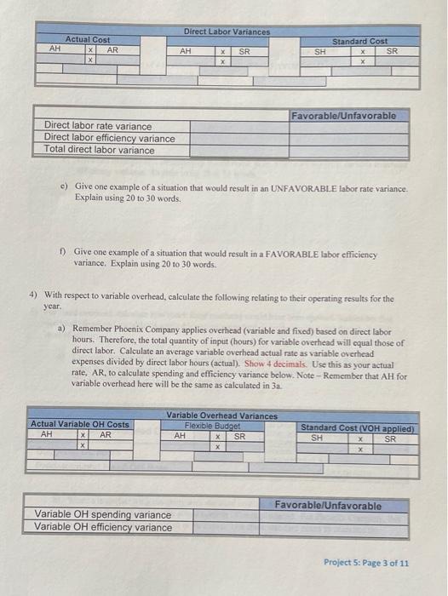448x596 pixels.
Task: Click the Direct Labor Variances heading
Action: pyautogui.click(x=227, y=32)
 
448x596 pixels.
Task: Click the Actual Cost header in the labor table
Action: pyautogui.click(x=88, y=39)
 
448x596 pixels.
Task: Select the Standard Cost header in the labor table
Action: pyautogui.click(x=359, y=40)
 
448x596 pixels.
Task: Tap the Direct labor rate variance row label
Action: pyautogui.click(x=98, y=126)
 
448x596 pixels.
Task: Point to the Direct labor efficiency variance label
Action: pyautogui.click(x=109, y=138)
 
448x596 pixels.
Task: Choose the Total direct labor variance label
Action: pyautogui.click(x=100, y=150)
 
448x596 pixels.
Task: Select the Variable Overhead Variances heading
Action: pyautogui.click(x=221, y=415)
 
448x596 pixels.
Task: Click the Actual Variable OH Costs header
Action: pyautogui.click(x=79, y=424)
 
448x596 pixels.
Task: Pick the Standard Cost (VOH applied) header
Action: pyautogui.click(x=358, y=428)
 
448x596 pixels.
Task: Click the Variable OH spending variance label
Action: pyautogui.click(x=103, y=514)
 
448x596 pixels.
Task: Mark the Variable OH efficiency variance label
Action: pyautogui.click(x=103, y=526)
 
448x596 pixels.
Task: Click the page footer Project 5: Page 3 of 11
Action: pyautogui.click(x=366, y=563)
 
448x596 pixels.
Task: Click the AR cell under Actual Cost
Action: pyautogui.click(x=112, y=49)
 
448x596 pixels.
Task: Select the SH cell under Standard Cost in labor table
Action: pyautogui.click(x=320, y=51)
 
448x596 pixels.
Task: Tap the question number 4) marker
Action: pyautogui.click(x=33, y=298)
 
